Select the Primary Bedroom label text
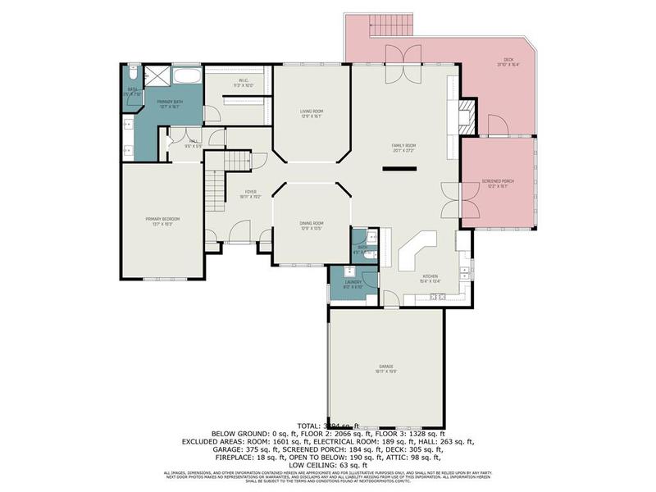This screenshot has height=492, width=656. point(162,221)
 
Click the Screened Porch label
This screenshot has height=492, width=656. point(498,184)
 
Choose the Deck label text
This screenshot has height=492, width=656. point(508,61)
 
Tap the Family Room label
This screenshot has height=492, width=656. point(403,148)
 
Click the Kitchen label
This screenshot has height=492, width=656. point(430,278)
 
